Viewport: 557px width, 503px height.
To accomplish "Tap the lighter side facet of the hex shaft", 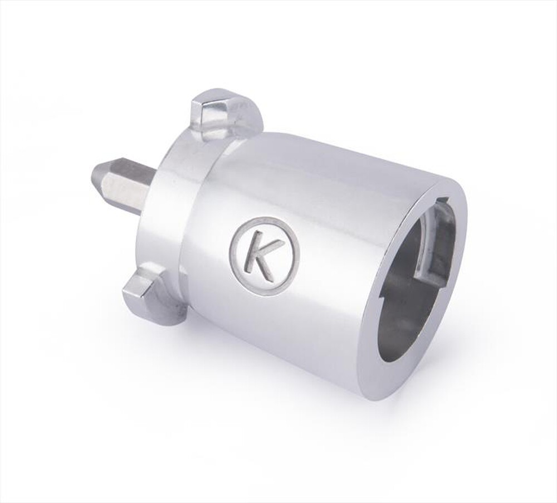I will [x=125, y=192].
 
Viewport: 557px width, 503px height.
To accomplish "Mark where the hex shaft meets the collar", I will [x=149, y=192].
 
